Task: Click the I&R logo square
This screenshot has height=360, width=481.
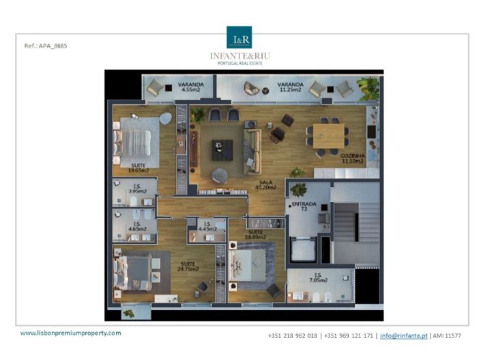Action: coord(239,37)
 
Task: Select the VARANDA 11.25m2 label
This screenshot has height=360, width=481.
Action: coord(290,87)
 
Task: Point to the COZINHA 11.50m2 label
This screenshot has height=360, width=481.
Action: coord(353,157)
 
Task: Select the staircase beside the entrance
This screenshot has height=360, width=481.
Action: coord(353,225)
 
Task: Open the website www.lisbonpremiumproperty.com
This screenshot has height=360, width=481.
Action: coord(70,333)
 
